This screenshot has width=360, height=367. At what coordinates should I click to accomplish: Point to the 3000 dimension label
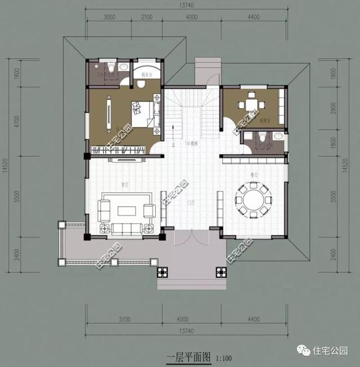[x=110, y=17]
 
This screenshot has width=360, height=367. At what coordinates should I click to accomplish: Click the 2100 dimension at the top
[x=146, y=17]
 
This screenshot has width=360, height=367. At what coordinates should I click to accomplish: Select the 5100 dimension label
[x=124, y=320]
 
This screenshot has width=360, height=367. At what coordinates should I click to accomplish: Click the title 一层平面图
[x=188, y=356]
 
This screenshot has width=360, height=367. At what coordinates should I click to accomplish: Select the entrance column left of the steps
[x=162, y=273]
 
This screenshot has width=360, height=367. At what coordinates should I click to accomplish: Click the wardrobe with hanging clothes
[x=119, y=150]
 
